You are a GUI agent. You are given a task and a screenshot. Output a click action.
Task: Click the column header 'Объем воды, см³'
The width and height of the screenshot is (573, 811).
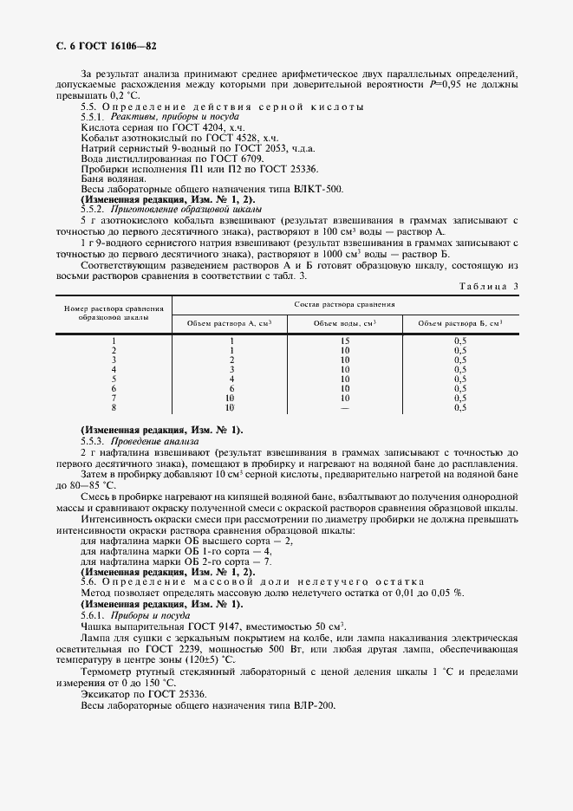pos(345,323)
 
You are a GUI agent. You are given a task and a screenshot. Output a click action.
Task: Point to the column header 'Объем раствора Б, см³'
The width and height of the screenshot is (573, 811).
pos(459,323)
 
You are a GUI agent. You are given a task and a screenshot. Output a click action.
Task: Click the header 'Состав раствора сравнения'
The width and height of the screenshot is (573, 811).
pos(345,304)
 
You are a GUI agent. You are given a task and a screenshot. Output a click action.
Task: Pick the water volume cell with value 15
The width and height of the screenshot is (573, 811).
pos(345,341)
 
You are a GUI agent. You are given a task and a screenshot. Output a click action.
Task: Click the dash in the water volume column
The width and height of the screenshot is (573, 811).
pos(345,406)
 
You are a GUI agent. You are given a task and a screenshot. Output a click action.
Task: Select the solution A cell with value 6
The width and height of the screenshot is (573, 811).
pos(230,388)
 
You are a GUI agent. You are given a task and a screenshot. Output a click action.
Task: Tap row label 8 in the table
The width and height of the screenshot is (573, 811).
pos(114,406)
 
